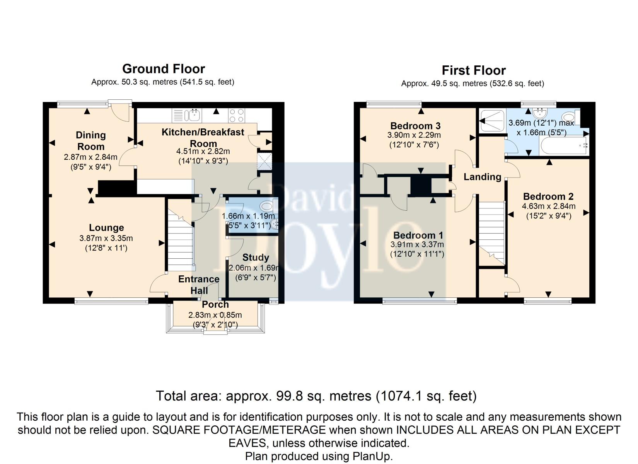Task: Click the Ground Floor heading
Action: [x=164, y=69]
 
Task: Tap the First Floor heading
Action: [x=474, y=70]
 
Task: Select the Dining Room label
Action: [x=91, y=141]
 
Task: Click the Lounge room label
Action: [x=106, y=228]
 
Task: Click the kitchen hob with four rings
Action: [x=236, y=115]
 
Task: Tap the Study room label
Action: [x=256, y=258]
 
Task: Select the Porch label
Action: [x=215, y=304]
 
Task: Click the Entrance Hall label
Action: [x=199, y=285]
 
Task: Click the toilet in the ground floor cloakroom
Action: [x=269, y=205]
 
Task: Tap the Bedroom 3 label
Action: [x=415, y=126]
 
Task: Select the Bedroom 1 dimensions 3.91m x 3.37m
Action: [x=417, y=244]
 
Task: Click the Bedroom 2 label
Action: [x=548, y=196]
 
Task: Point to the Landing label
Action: [x=483, y=177]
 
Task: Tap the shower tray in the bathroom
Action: [x=493, y=121]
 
